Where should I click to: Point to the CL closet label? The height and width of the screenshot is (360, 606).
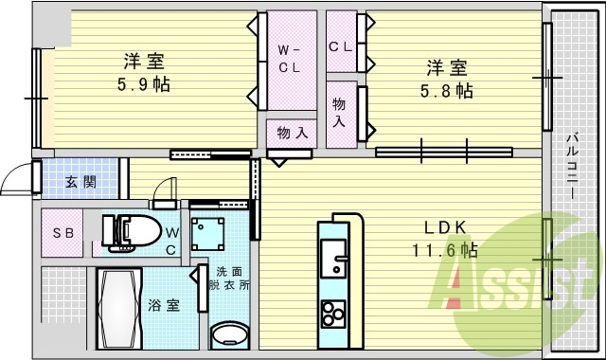pyautogui.click(x=341, y=45)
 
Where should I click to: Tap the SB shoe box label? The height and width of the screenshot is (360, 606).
pyautogui.click(x=63, y=233)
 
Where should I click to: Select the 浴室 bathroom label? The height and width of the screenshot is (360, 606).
pyautogui.click(x=165, y=305)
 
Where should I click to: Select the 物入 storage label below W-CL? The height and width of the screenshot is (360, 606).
pyautogui.click(x=292, y=134)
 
